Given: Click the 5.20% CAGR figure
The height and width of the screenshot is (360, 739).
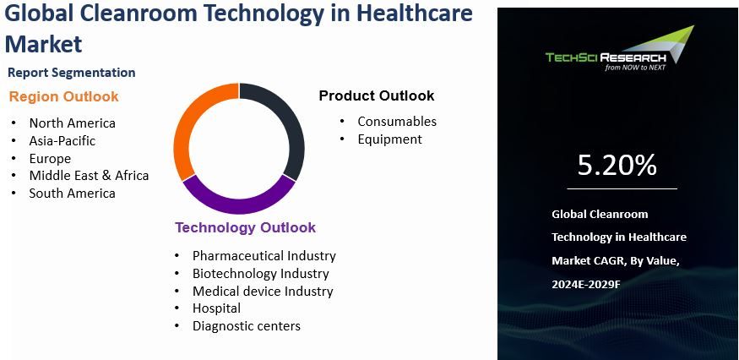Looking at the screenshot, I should (x=617, y=166).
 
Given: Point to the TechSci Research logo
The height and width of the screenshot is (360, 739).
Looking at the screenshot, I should (x=619, y=52).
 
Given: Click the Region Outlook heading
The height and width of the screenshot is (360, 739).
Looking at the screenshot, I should (x=64, y=96).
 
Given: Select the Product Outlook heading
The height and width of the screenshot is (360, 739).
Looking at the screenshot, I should (x=377, y=95).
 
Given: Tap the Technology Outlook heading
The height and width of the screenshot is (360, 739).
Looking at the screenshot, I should (x=245, y=227).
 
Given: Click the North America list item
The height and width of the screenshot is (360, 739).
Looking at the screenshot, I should (x=72, y=123).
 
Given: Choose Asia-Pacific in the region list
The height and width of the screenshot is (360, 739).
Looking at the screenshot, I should (x=62, y=141).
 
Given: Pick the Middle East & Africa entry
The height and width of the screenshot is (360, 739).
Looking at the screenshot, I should (x=89, y=176).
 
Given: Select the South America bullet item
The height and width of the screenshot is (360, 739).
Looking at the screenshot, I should (x=72, y=194).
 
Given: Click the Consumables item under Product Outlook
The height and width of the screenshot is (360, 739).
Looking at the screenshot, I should (x=397, y=122).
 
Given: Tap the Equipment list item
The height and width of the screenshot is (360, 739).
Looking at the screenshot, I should (x=389, y=139).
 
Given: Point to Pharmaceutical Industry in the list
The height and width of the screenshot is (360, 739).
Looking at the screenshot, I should (x=264, y=255).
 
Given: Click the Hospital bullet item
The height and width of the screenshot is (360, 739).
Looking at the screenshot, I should (x=216, y=308).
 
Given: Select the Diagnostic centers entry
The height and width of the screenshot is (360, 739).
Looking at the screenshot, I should (x=246, y=326).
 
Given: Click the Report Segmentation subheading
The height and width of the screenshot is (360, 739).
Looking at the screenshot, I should (x=71, y=73).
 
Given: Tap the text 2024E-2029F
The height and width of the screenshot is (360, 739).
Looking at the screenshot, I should (x=586, y=285).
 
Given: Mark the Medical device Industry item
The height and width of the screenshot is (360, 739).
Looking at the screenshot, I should (x=263, y=291).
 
